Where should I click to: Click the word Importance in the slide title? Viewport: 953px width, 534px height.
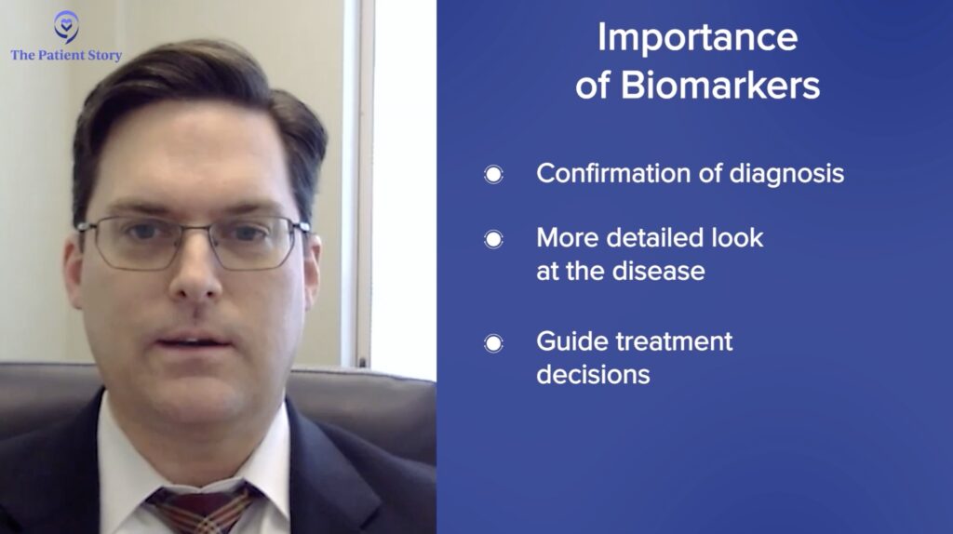697,38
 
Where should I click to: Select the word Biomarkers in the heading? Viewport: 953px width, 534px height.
720,85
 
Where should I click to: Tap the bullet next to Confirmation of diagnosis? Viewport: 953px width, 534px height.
493,175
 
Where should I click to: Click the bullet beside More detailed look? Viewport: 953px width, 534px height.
493,239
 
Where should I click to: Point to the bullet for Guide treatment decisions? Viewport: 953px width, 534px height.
493,344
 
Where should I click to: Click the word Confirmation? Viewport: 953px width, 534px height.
613,173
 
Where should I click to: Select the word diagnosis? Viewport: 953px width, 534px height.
786,174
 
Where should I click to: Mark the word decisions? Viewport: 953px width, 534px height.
593,375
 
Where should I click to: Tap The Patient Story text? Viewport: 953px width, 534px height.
66,55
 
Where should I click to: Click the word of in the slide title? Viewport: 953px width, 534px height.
593,85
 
